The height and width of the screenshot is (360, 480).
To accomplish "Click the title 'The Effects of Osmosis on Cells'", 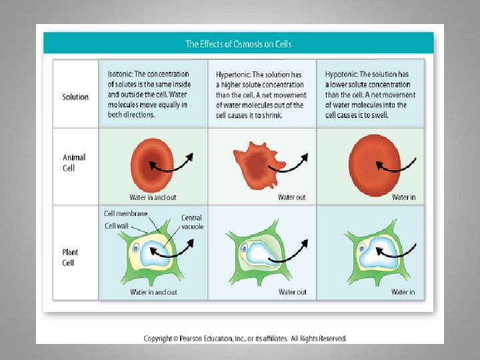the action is point(238,44).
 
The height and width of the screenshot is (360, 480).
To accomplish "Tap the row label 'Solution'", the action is point(75,97).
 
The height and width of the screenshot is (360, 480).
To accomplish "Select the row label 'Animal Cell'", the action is point(74,163).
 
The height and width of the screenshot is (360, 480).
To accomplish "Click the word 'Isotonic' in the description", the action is point(120,74).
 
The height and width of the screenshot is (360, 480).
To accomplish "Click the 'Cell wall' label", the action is point(117,226).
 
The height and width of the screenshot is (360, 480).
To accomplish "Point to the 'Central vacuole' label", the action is point(192,222).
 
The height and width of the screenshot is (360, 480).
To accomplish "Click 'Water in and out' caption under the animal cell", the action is point(153,197).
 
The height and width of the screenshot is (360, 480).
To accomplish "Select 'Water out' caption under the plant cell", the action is point(293,292).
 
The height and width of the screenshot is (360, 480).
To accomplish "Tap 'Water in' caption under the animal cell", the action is point(403,197).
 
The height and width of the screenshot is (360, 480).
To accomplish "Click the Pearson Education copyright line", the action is point(245,339).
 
